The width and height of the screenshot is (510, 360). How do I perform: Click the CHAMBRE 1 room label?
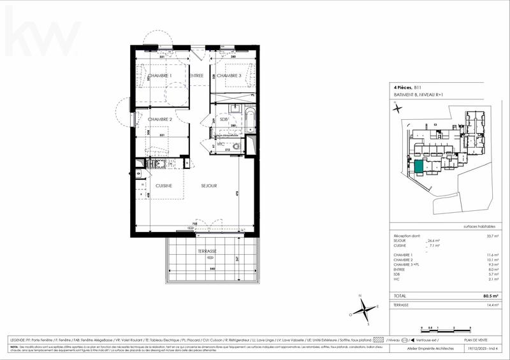[159, 76]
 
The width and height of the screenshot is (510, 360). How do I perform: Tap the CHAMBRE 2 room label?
[159, 119]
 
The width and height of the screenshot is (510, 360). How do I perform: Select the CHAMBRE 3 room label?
[228, 76]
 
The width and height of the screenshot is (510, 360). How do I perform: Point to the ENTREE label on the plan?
[195, 76]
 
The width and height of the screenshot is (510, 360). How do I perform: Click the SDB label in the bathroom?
[224, 119]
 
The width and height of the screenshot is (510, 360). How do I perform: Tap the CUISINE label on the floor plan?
[165, 185]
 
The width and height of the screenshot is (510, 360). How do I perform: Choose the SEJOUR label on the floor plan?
[208, 185]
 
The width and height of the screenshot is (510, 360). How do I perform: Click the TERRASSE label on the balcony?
[207, 251]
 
